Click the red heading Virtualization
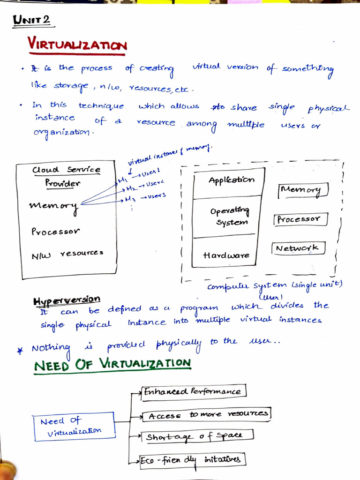tap(77, 45)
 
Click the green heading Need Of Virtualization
tap(112, 364)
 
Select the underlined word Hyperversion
tap(67, 299)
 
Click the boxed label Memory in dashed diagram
tap(302, 190)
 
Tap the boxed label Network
tap(298, 248)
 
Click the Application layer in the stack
tap(231, 180)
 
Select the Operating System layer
tap(230, 217)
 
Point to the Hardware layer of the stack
tap(226, 255)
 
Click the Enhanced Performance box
tap(193, 391)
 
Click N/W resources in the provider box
tap(67, 254)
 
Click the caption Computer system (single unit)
tap(275, 286)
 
